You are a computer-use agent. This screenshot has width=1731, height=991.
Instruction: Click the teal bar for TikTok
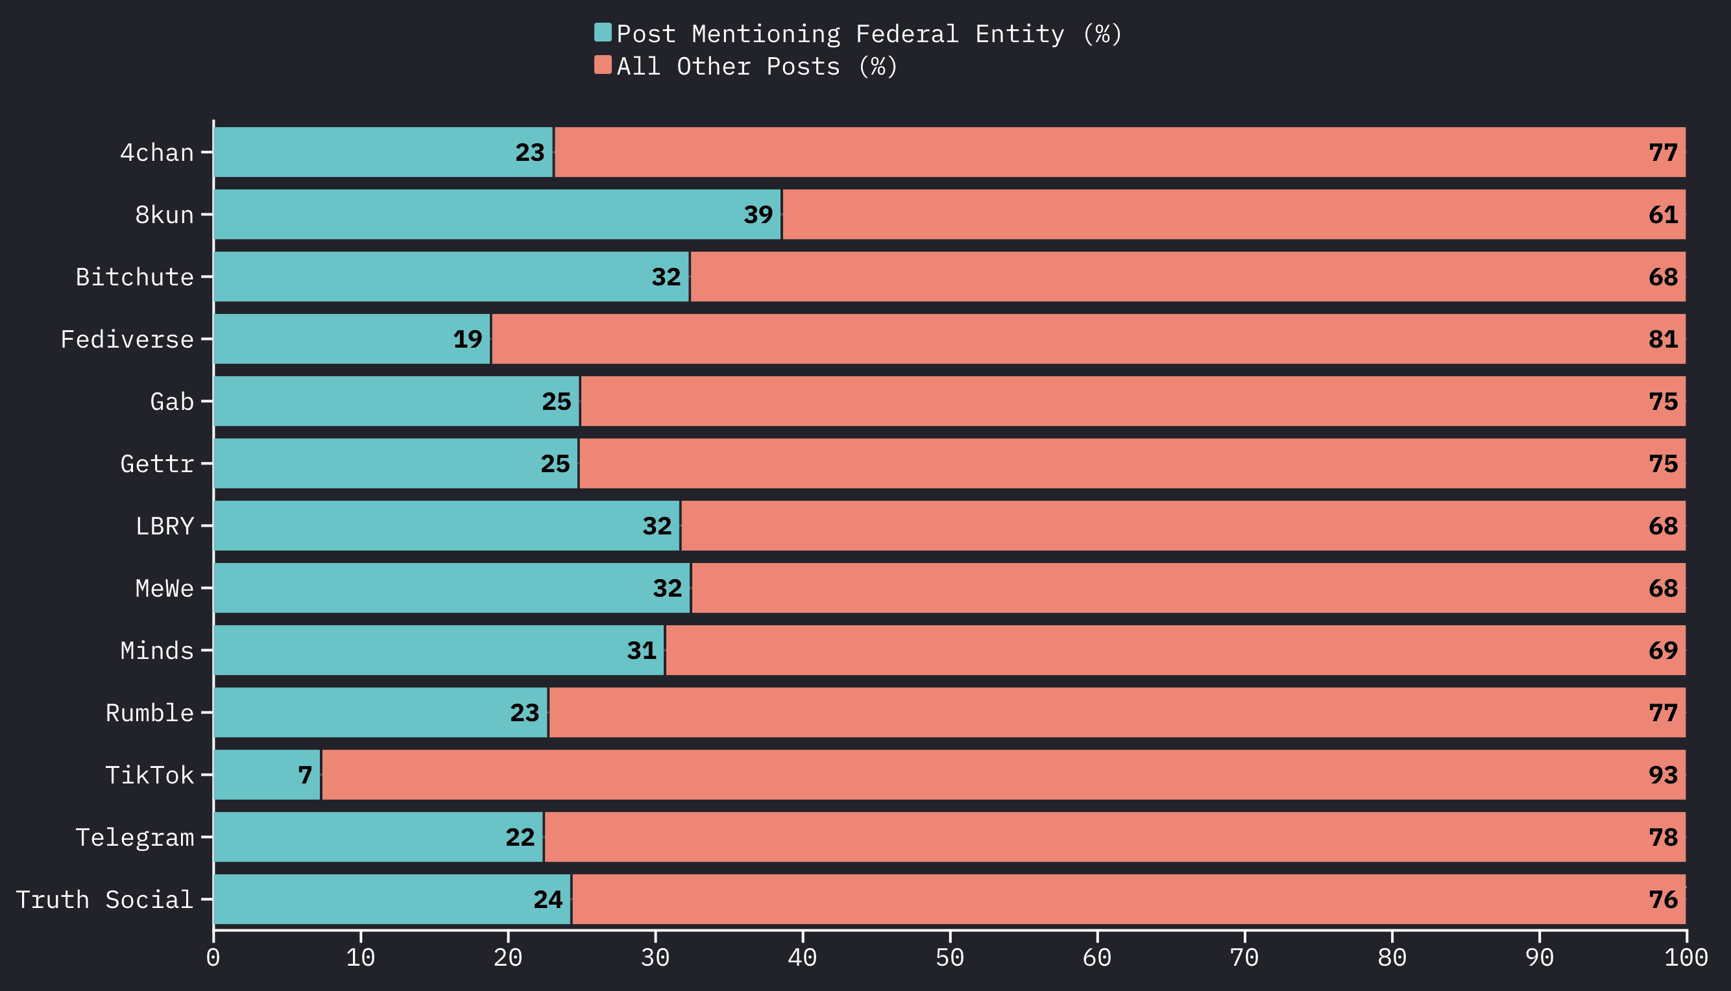(x=267, y=774)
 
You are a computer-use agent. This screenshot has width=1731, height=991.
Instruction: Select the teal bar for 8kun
(x=497, y=215)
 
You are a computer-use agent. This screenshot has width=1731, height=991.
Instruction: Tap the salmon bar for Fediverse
(x=1088, y=339)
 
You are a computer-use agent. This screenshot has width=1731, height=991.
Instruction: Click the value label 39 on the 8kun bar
(x=758, y=215)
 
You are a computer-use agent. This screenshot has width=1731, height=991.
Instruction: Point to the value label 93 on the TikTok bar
(x=1663, y=775)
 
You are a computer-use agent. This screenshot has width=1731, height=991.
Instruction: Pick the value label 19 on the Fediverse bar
(x=468, y=340)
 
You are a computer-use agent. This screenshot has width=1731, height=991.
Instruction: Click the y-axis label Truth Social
(x=105, y=900)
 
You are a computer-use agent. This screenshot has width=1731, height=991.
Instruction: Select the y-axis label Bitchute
(x=135, y=277)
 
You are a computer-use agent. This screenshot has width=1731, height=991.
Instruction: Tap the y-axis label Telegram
(x=135, y=837)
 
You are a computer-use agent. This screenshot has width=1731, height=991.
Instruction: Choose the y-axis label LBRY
(x=165, y=526)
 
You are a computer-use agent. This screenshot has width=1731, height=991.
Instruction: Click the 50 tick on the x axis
(x=950, y=958)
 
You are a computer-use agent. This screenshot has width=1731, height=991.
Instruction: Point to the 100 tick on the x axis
(x=1686, y=958)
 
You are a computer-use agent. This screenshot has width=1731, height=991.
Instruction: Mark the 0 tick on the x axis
(x=213, y=958)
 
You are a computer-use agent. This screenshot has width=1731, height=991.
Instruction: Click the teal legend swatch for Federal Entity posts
(x=603, y=32)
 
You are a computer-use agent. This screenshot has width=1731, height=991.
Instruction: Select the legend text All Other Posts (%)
(x=757, y=66)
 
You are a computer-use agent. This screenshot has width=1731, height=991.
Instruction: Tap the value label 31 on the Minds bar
(x=641, y=651)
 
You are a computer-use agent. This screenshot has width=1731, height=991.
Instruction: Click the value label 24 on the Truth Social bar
(x=548, y=900)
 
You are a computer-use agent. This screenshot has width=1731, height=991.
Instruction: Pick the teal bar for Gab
(x=396, y=401)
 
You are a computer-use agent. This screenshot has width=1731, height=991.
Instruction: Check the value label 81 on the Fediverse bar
(x=1663, y=340)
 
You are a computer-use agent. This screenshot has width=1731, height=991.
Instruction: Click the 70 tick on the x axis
(x=1244, y=958)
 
